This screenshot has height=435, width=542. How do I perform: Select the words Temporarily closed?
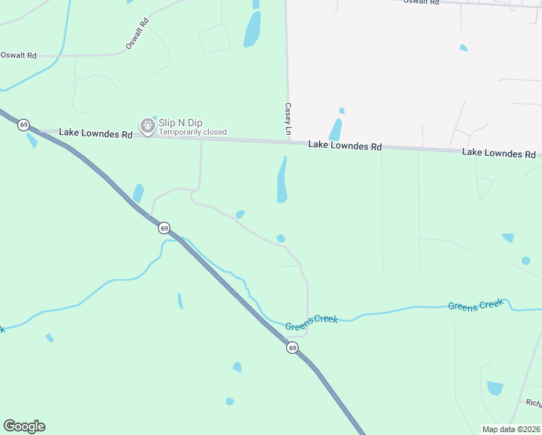pyautogui.click(x=193, y=133)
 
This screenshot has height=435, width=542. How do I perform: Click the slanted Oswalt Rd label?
pyautogui.click(x=136, y=33)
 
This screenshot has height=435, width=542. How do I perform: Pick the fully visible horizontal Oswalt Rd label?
pyautogui.click(x=18, y=55)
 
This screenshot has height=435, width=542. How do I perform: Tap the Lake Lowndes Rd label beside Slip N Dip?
pyautogui.click(x=96, y=134)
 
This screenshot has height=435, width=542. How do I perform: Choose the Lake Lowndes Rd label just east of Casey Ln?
pyautogui.click(x=345, y=146)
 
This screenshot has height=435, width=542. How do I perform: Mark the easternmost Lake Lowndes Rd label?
pyautogui.click(x=499, y=153)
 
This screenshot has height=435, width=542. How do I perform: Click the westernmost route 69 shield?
pyautogui.click(x=24, y=125)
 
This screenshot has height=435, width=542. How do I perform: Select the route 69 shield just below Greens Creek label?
pyautogui.click(x=291, y=349)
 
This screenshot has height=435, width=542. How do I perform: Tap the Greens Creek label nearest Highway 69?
pyautogui.click(x=312, y=323)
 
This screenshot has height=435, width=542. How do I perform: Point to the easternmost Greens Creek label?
pyautogui.click(x=475, y=305)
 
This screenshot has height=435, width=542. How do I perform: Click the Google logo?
pyautogui.click(x=24, y=426)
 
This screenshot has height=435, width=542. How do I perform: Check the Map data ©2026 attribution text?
pyautogui.click(x=511, y=429)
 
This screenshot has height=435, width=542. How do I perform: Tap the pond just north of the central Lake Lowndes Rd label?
pyautogui.click(x=335, y=130)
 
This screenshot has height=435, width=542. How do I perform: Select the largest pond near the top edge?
pyautogui.click(x=252, y=29)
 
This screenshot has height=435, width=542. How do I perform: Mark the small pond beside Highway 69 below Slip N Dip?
pyautogui.click(x=138, y=194)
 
